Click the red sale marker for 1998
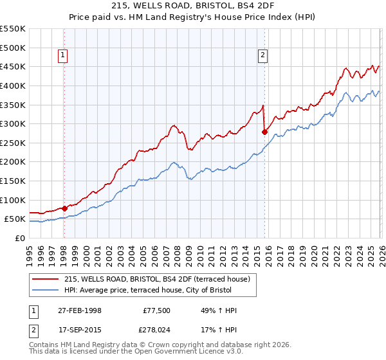click(x=64, y=208)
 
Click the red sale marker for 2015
click(x=264, y=132)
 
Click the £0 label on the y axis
click(x=21, y=238)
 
